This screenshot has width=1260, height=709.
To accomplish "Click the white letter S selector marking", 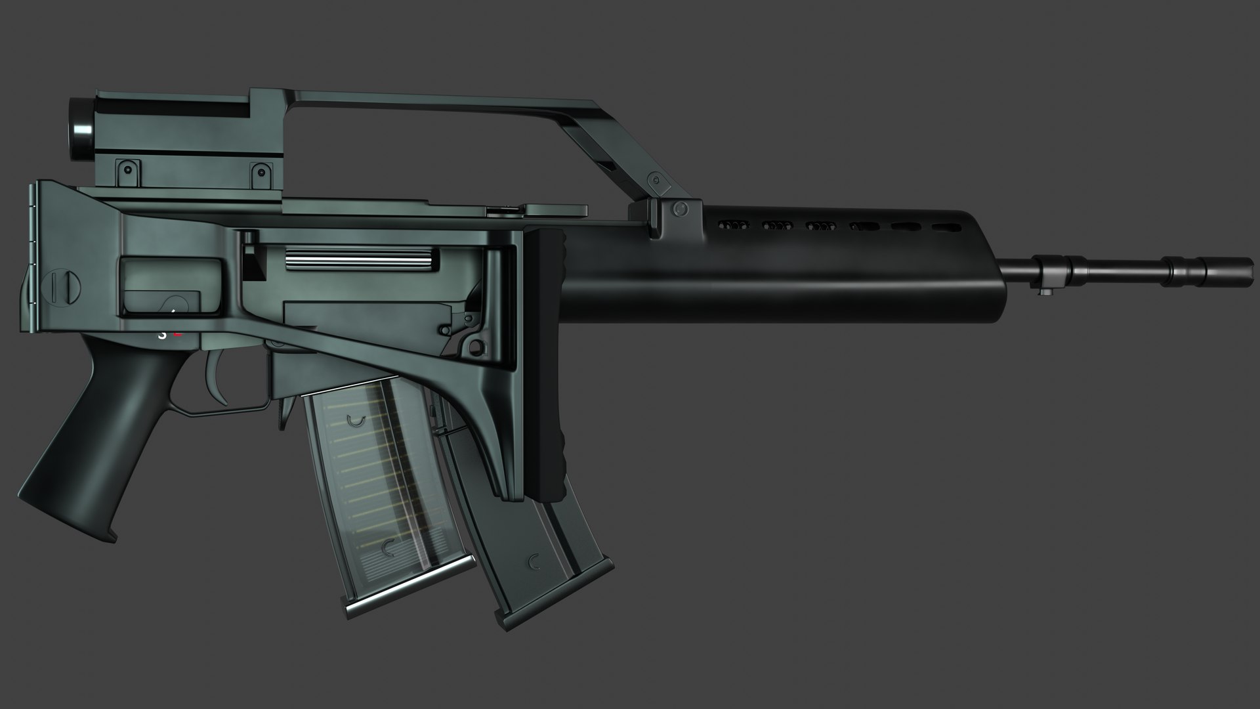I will click(162, 334).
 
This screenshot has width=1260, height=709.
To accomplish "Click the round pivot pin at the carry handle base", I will click(681, 209).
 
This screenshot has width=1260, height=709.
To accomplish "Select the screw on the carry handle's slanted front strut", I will click(654, 179).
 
